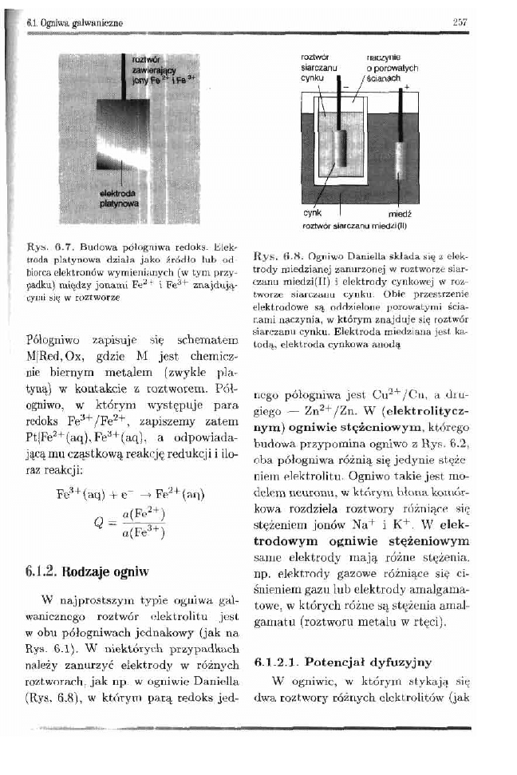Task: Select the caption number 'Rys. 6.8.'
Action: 272,260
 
